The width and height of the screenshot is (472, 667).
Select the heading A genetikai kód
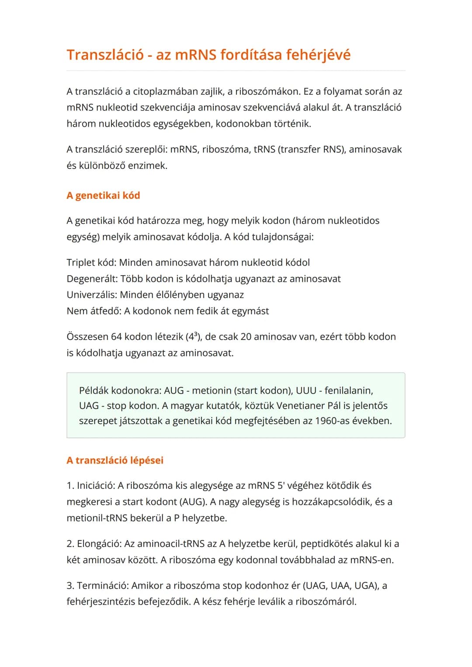(103, 195)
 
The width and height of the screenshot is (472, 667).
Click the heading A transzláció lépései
(115, 460)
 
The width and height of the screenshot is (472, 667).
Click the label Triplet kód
(91, 263)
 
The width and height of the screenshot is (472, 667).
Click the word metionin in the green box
(212, 391)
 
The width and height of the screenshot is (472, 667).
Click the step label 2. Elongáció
(94, 544)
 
